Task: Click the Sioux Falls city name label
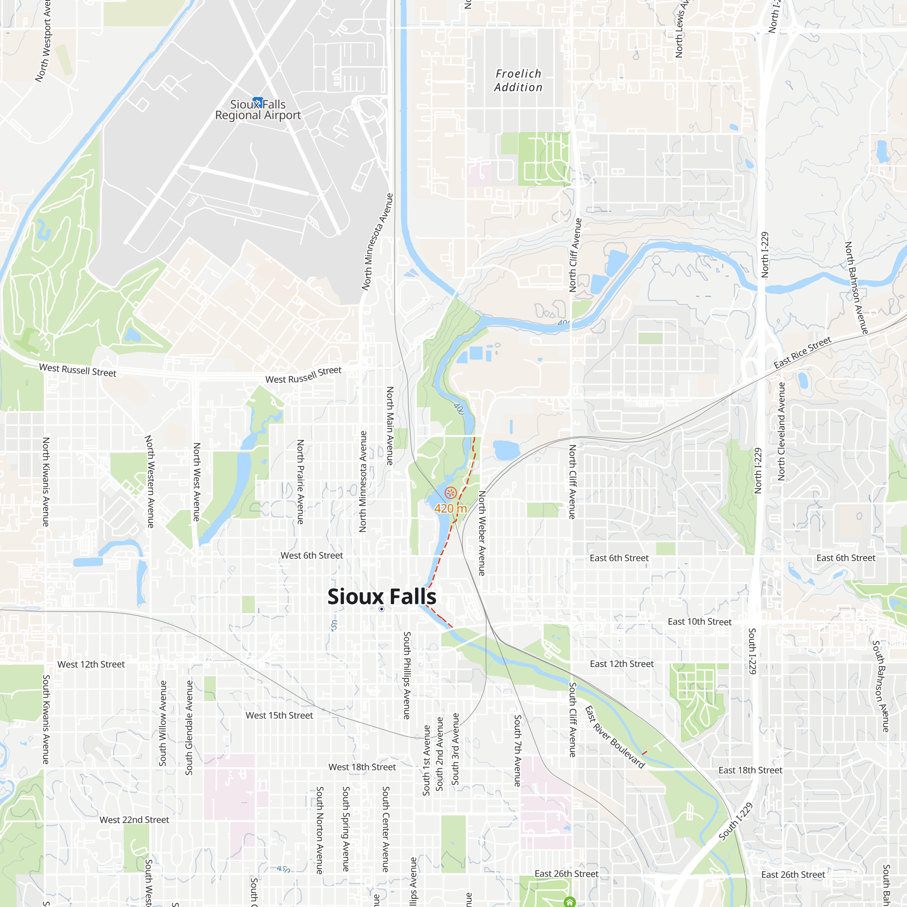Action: point(382,597)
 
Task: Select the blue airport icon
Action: point(258,102)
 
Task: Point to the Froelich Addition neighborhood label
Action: point(518,81)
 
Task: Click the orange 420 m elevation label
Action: point(450,508)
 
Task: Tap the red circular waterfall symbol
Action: point(451,493)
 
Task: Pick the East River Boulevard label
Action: point(615,737)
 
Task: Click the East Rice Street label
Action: point(802,352)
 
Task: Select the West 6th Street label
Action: point(312,556)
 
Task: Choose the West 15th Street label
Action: point(279,716)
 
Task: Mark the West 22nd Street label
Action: point(134,819)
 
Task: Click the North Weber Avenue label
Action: point(482,533)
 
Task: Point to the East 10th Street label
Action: point(699,622)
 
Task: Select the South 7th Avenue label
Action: point(517,750)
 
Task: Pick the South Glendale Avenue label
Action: point(189,728)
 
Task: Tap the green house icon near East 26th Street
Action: point(570,902)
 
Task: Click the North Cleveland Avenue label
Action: point(781,431)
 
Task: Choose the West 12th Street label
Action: point(91,664)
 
